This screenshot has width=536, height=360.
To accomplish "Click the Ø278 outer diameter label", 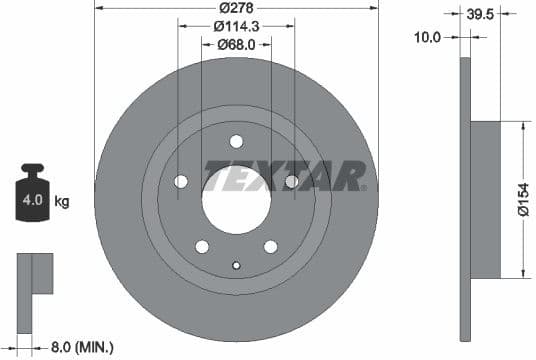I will click(x=237, y=10).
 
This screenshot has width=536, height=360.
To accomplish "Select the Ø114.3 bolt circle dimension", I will click(x=237, y=27).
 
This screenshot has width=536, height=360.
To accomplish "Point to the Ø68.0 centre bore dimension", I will click(x=237, y=44).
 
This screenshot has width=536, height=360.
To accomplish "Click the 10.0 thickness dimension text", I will click(x=431, y=36).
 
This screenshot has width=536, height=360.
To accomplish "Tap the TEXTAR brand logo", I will click(x=285, y=175).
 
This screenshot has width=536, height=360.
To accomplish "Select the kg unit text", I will click(x=62, y=202).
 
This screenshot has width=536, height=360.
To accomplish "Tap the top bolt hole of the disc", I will click(x=236, y=141).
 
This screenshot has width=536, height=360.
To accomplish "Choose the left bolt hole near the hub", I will click(x=181, y=181).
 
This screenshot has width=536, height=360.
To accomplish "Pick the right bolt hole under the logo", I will click(x=291, y=181).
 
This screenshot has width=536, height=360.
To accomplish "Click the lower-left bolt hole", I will click(x=202, y=246).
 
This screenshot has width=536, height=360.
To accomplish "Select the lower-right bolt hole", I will click(x=270, y=246).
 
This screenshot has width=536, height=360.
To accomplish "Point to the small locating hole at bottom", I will click(x=236, y=265).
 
